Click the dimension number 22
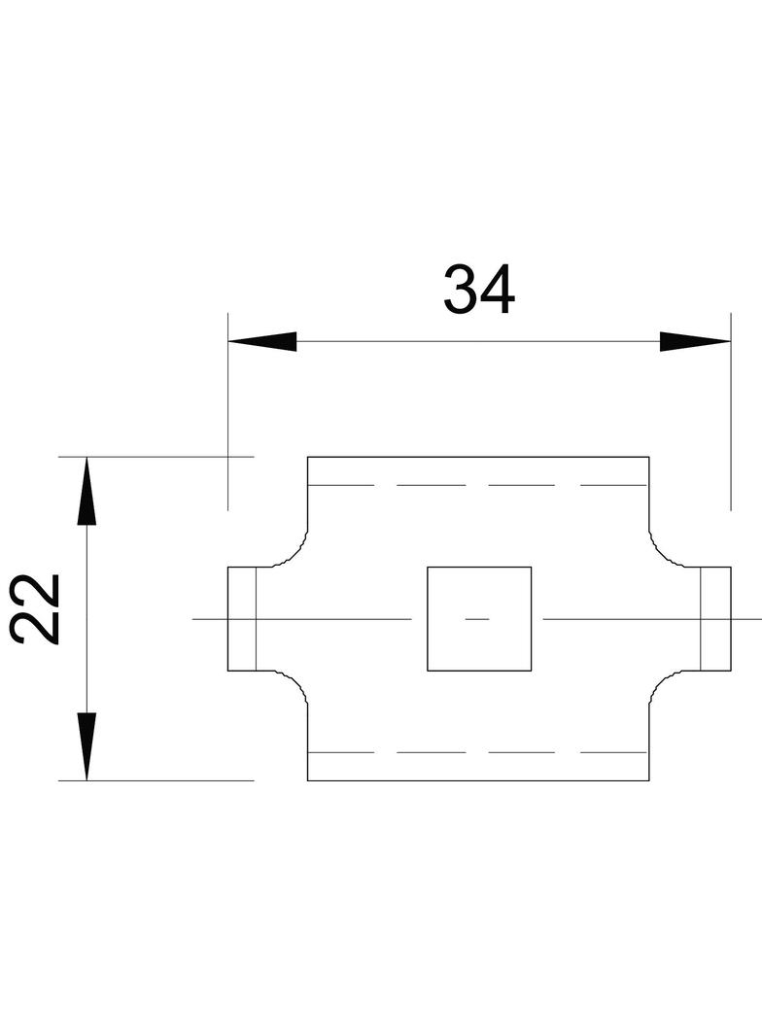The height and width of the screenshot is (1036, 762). (x=37, y=609)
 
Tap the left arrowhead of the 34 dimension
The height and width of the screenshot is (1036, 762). (x=262, y=341)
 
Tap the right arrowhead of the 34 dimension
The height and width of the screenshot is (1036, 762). (x=694, y=341)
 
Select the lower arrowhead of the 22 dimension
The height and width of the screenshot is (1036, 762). (x=87, y=745)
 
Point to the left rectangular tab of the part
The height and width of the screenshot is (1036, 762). (x=242, y=618)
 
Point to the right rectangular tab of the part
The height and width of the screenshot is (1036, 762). (x=715, y=618)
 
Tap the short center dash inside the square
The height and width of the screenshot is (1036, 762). (x=477, y=618)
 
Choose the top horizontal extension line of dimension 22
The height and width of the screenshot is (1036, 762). (x=156, y=456)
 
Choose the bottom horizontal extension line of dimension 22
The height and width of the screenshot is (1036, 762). (x=156, y=780)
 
